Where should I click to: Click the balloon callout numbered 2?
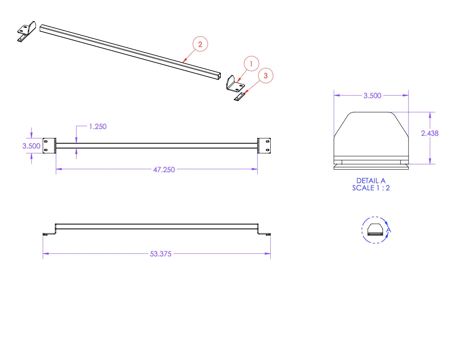click(x=200, y=44)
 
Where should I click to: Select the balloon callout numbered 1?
click(x=251, y=64)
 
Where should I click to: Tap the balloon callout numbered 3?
click(x=266, y=76)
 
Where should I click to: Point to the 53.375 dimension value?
click(x=161, y=254)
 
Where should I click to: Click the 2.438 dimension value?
click(x=430, y=133)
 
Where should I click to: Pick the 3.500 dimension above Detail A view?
click(x=372, y=96)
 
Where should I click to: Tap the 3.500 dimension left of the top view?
click(x=32, y=146)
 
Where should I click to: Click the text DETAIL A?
click(x=371, y=181)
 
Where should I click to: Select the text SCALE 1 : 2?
click(x=371, y=188)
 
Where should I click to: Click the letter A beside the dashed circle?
click(x=389, y=230)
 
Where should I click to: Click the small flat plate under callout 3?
click(x=239, y=97)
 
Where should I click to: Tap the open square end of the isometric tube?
click(x=218, y=76)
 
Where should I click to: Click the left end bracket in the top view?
click(x=49, y=145)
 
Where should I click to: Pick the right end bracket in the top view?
click(x=264, y=145)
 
